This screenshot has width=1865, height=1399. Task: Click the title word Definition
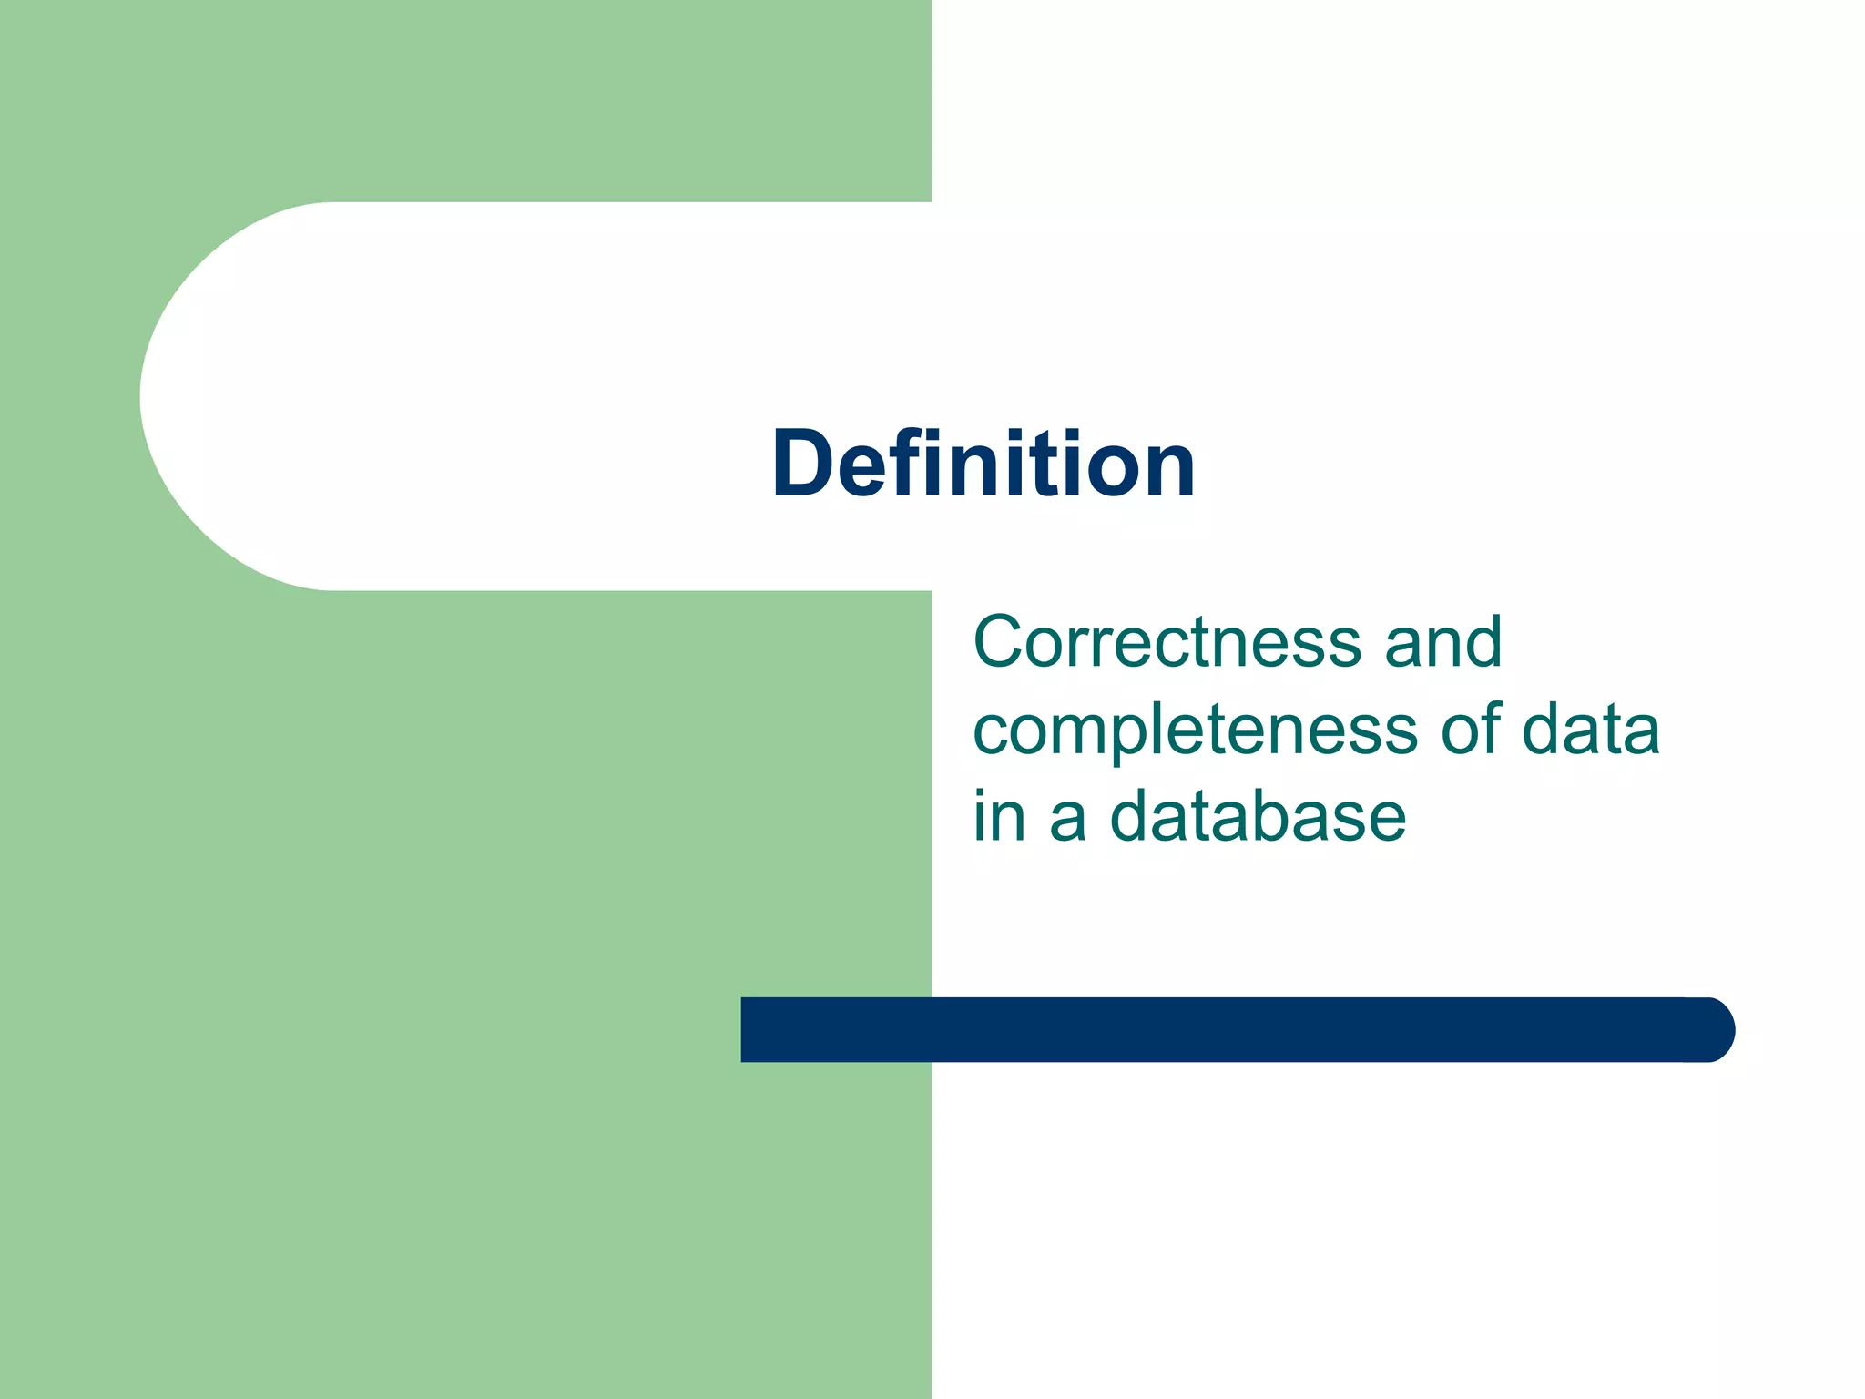983,464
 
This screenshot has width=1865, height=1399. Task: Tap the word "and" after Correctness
1442,641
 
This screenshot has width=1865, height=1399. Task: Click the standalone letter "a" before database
1068,818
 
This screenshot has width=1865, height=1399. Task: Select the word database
1258,815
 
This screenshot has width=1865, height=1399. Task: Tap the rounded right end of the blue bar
1712,1029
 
